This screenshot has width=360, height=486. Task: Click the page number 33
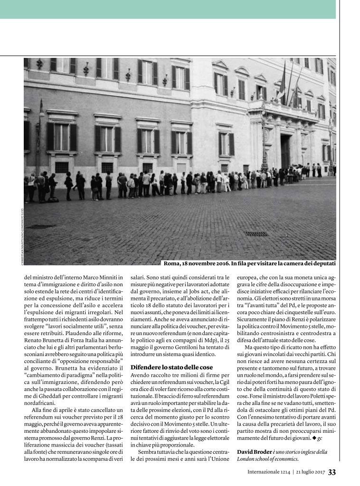coord(332,472)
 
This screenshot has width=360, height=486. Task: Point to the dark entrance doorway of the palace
coord(285,150)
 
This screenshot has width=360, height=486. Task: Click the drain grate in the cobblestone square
coord(256,234)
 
